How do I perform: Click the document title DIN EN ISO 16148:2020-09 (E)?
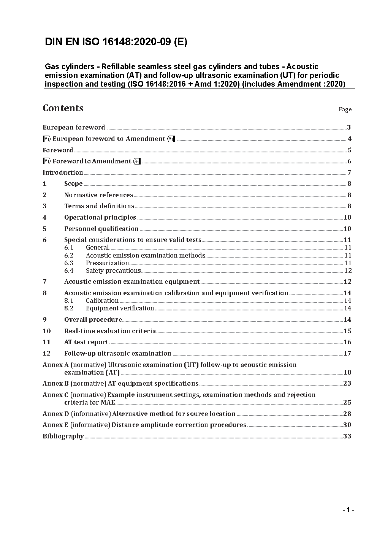point(116,42)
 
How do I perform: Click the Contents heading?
point(63,108)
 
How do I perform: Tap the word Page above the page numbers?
point(345,109)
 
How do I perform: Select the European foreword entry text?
point(74,127)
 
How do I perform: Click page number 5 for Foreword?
point(349,150)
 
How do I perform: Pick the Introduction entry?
point(63,172)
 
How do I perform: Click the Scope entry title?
point(73,184)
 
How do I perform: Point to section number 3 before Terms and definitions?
point(44,206)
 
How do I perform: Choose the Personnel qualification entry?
point(101,229)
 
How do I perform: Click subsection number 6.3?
point(69,263)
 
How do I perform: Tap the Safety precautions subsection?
point(113,270)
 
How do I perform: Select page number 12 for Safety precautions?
point(348,270)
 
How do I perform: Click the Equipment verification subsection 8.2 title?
point(120,308)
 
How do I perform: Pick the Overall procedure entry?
point(93,319)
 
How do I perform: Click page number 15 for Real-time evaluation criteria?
point(347,331)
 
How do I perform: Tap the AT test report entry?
point(86,342)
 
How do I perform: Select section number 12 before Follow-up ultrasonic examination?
point(46,353)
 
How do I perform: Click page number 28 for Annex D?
point(347,414)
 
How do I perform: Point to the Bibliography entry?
point(63,436)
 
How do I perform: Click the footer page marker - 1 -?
point(348,510)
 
